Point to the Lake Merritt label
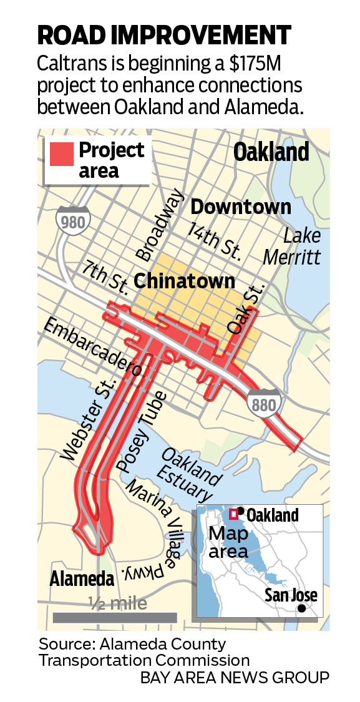click(292, 246)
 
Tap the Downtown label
click(241, 207)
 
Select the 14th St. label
click(215, 240)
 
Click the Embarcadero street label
click(91, 348)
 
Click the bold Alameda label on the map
click(82, 578)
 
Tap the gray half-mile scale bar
click(115, 618)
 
